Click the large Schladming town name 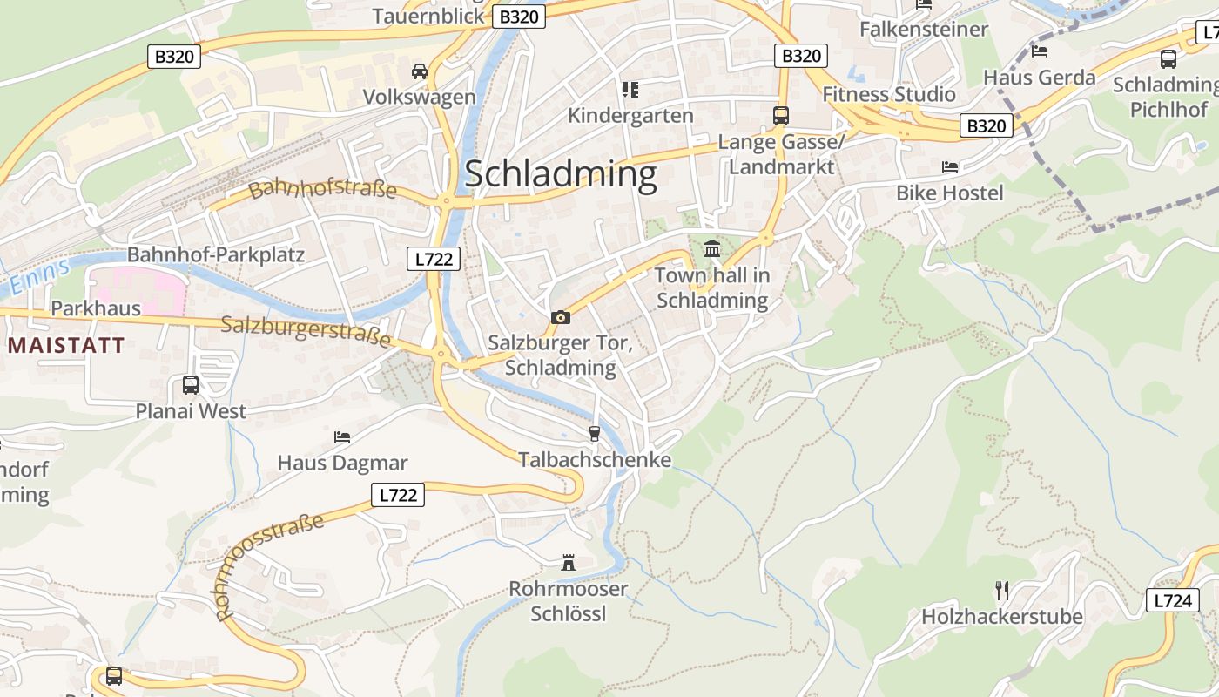pos(561,174)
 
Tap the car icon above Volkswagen pos(420,71)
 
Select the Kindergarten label pos(630,115)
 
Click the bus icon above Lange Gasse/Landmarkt pos(781,115)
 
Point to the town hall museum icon pos(712,249)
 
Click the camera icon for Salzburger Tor pos(561,317)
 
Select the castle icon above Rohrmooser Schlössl pos(569,563)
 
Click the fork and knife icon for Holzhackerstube pos(1002,591)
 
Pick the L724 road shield pos(1172,599)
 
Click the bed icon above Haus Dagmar pos(342,436)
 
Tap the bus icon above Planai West pos(191,384)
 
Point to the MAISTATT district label pos(66,345)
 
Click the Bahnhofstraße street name pos(322,189)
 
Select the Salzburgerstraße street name pos(306,331)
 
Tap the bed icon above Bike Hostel pos(949,166)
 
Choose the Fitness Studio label pos(889,94)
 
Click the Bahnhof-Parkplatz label pos(216,254)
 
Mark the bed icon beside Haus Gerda pos(1039,51)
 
